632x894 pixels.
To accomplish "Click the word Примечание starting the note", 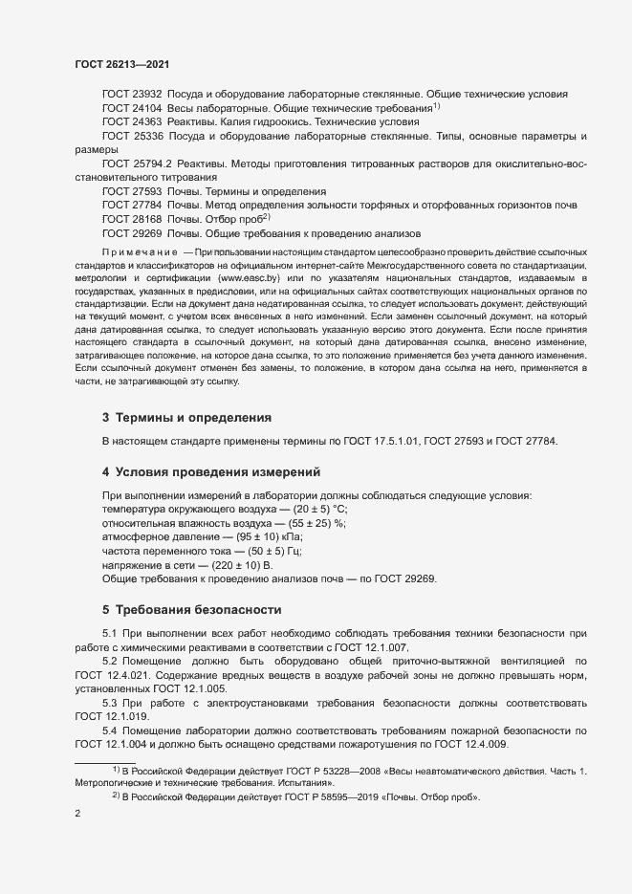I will click(140, 251).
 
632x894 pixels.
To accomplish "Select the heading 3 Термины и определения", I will click(186, 418).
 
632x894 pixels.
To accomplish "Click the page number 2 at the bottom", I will click(77, 814).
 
